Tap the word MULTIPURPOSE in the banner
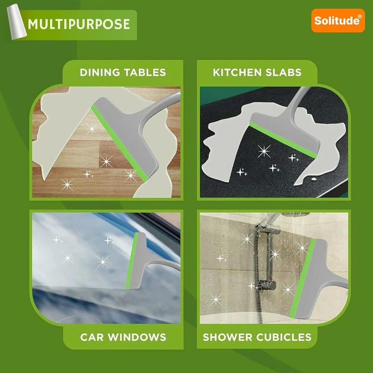pos(78,24)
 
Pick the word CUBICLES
pos(284,337)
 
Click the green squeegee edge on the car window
pos(132,261)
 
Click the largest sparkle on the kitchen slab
pos(264,151)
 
